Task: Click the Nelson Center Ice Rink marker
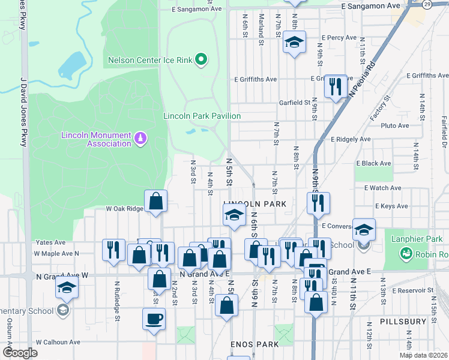202,59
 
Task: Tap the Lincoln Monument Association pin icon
141,139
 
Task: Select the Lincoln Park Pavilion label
202,116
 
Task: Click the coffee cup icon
154,318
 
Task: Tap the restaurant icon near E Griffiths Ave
335,86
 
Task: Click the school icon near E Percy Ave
294,43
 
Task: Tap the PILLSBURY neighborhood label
398,322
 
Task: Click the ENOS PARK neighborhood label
255,344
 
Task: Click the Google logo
20,353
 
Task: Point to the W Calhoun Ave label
58,342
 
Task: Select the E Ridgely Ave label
351,139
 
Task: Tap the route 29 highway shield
425,4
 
